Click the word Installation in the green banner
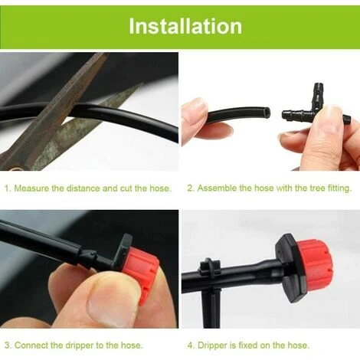pyautogui.click(x=185, y=26)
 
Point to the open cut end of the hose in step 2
pyautogui.click(x=267, y=113)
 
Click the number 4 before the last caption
pyautogui.click(x=190, y=345)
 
